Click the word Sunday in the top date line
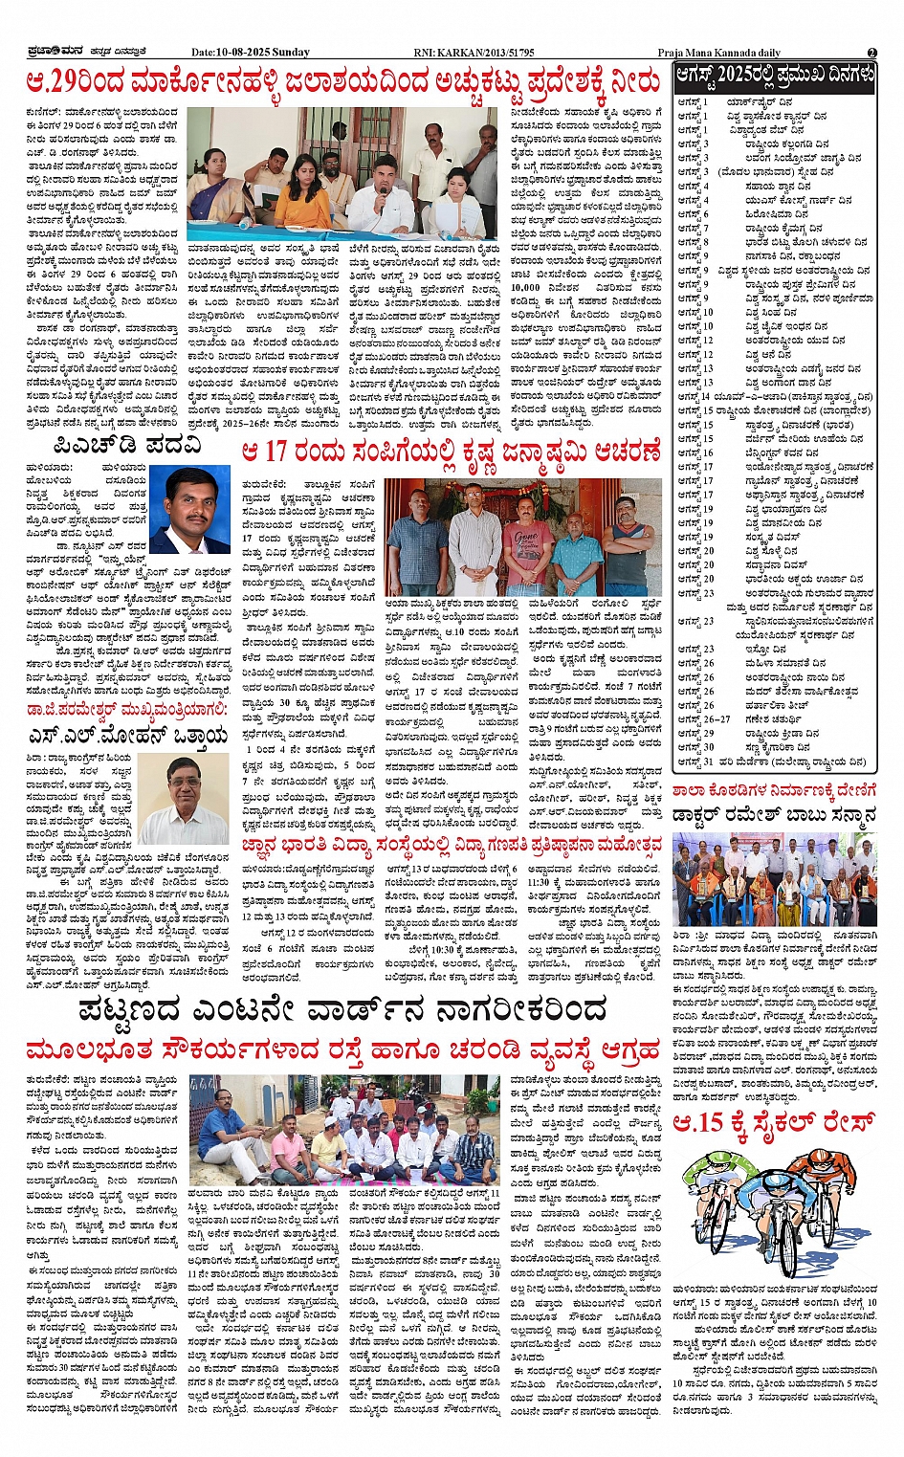[290, 52]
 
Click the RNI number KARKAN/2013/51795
[489, 52]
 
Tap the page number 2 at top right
[871, 52]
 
